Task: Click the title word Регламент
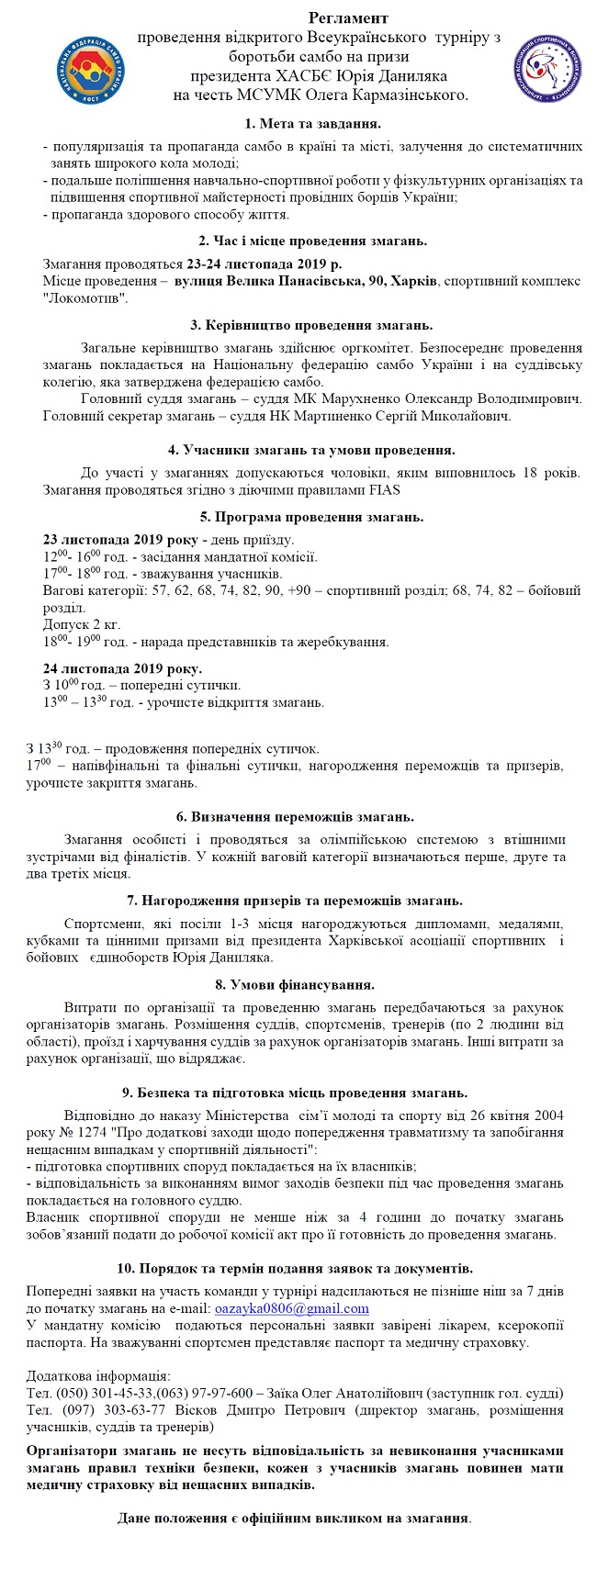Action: [348, 18]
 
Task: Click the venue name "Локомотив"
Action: [84, 298]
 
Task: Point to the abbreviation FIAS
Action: [384, 489]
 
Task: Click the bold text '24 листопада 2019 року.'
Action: [123, 668]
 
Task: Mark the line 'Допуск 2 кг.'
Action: [82, 624]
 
